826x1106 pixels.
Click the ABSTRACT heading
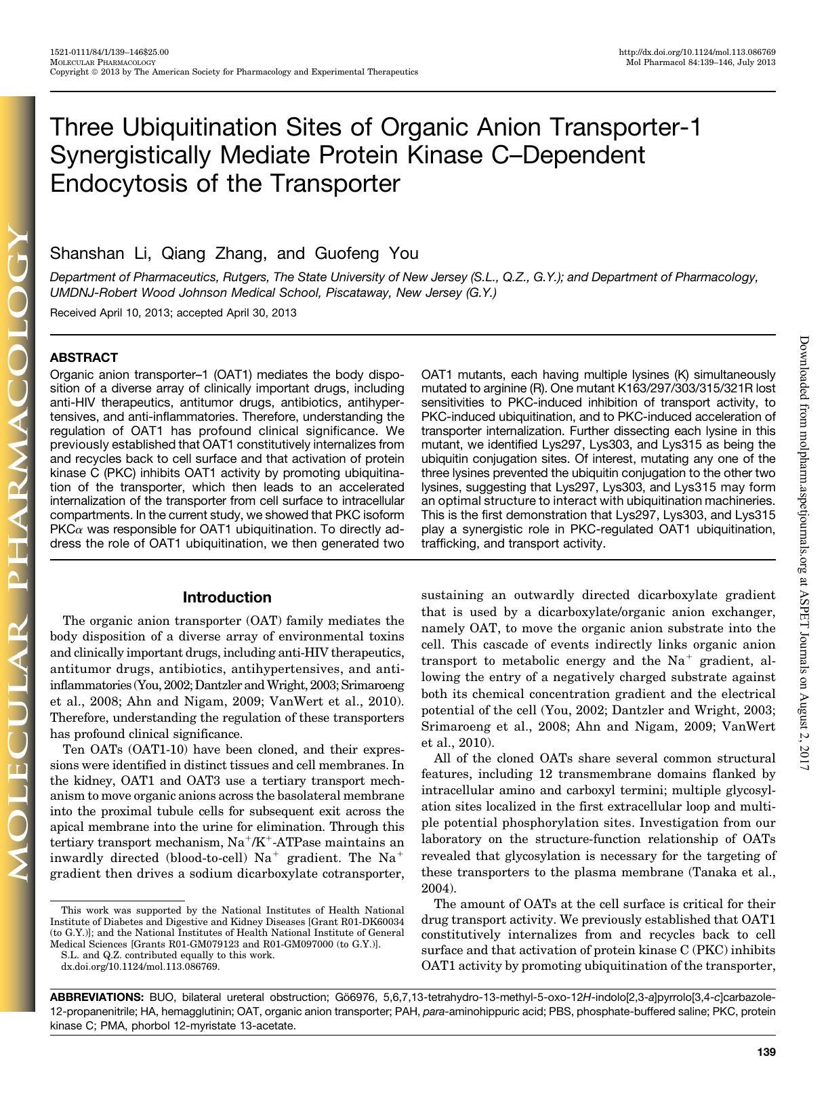coord(84,358)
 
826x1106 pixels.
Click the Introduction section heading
coord(227,597)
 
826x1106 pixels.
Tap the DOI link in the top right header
coord(697,52)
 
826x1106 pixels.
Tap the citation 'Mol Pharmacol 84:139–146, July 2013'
coord(701,62)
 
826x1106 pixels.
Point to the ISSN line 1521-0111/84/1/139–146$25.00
coord(110,52)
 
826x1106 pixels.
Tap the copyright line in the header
coord(234,71)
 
